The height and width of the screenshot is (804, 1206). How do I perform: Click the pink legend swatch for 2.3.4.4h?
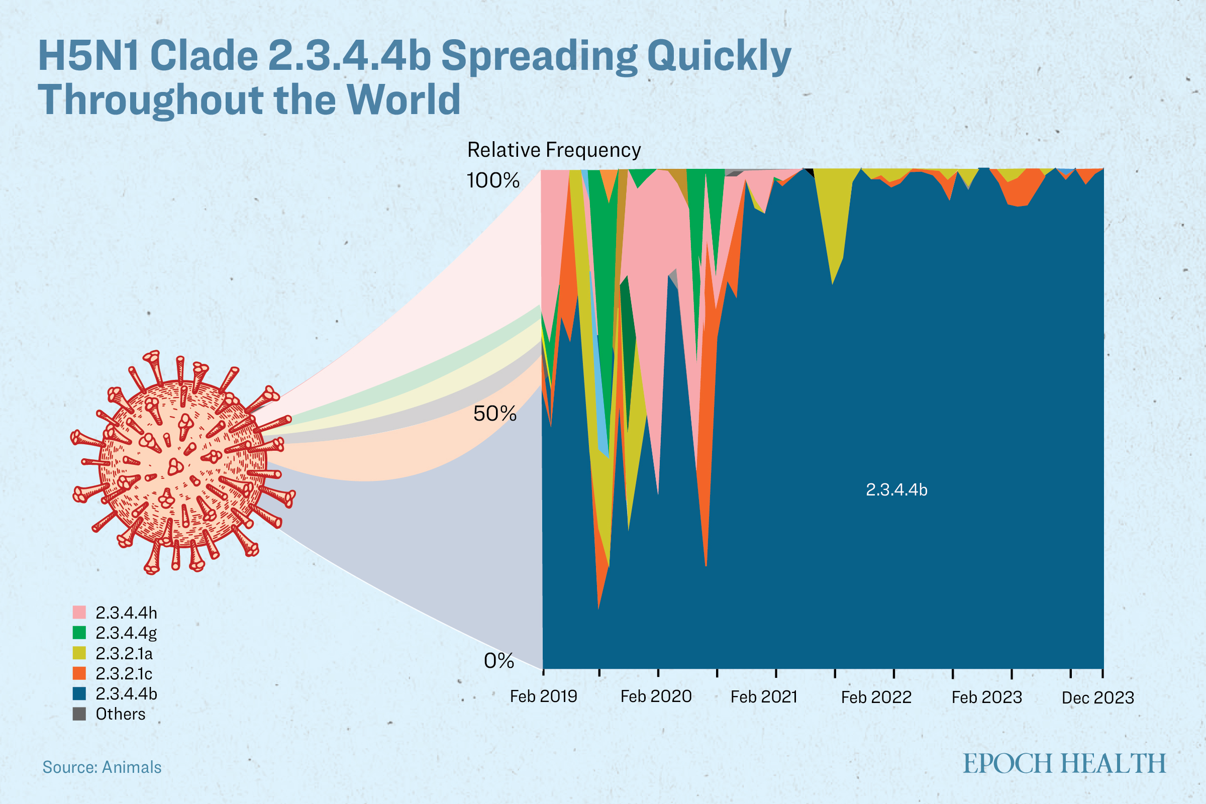coord(79,613)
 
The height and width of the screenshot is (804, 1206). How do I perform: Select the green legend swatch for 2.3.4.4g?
coord(79,633)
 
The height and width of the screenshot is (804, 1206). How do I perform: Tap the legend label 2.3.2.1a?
coord(124,653)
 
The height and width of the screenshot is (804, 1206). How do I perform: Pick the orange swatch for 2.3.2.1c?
coord(79,673)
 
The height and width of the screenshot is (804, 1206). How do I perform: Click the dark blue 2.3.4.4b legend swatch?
coord(79,694)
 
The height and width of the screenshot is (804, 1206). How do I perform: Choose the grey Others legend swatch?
coord(79,714)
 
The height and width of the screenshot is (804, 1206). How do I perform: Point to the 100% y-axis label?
coord(493,180)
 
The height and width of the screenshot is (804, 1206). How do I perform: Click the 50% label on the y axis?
coord(495,414)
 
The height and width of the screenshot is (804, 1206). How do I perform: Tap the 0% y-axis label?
coord(499,661)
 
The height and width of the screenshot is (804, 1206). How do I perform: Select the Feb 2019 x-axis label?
coord(544,696)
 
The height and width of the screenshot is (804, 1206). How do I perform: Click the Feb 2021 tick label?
coord(764,696)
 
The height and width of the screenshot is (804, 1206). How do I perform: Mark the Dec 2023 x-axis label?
coord(1098,697)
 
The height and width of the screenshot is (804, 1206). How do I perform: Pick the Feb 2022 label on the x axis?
coord(876,697)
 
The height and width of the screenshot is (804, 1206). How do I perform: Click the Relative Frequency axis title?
coord(554,150)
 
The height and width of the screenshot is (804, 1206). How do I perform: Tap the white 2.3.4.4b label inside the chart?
coord(896,489)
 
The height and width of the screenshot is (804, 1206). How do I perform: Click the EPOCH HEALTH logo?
coord(1064,763)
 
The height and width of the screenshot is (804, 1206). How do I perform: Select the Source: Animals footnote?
coord(102,767)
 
